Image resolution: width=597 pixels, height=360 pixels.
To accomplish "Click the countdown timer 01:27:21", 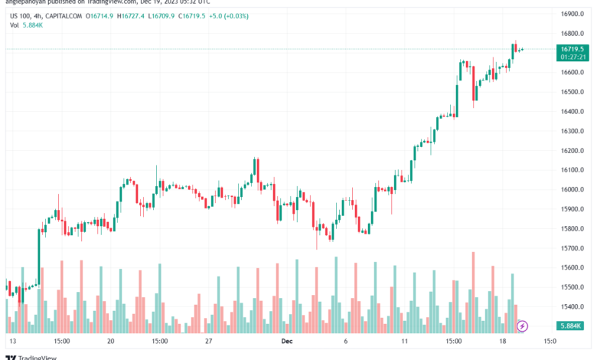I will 573,57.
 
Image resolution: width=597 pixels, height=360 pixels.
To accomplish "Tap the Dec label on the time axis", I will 286,341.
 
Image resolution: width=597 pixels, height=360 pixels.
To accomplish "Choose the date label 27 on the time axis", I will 208,341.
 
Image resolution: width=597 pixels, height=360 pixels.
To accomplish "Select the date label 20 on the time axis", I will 111,341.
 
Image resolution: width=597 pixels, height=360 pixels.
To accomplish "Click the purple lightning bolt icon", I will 522,326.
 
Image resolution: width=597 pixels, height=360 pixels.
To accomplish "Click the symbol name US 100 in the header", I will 21,14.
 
